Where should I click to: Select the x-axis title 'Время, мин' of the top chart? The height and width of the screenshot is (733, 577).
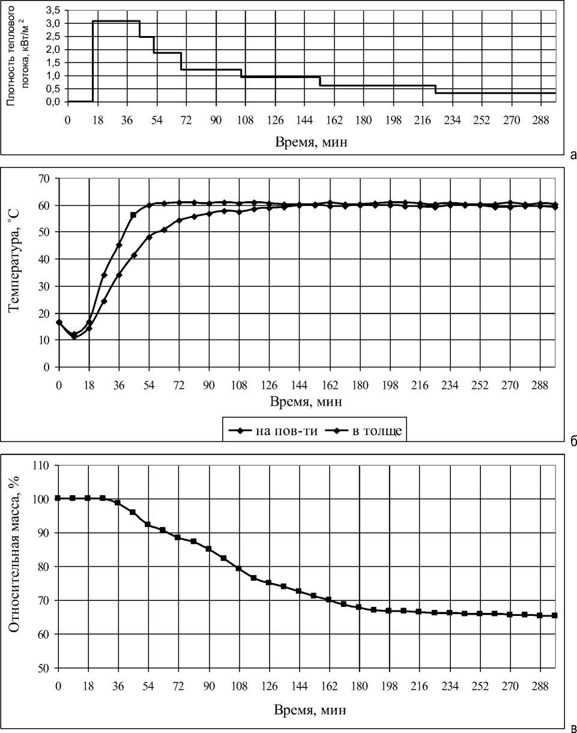[x=312, y=142]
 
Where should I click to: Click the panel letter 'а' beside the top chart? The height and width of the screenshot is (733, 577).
[x=573, y=155]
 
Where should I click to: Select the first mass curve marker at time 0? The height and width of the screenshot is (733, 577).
[x=58, y=498]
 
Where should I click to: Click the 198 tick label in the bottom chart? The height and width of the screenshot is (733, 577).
[x=390, y=684]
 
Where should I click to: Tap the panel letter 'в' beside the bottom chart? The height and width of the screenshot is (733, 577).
[x=573, y=729]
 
